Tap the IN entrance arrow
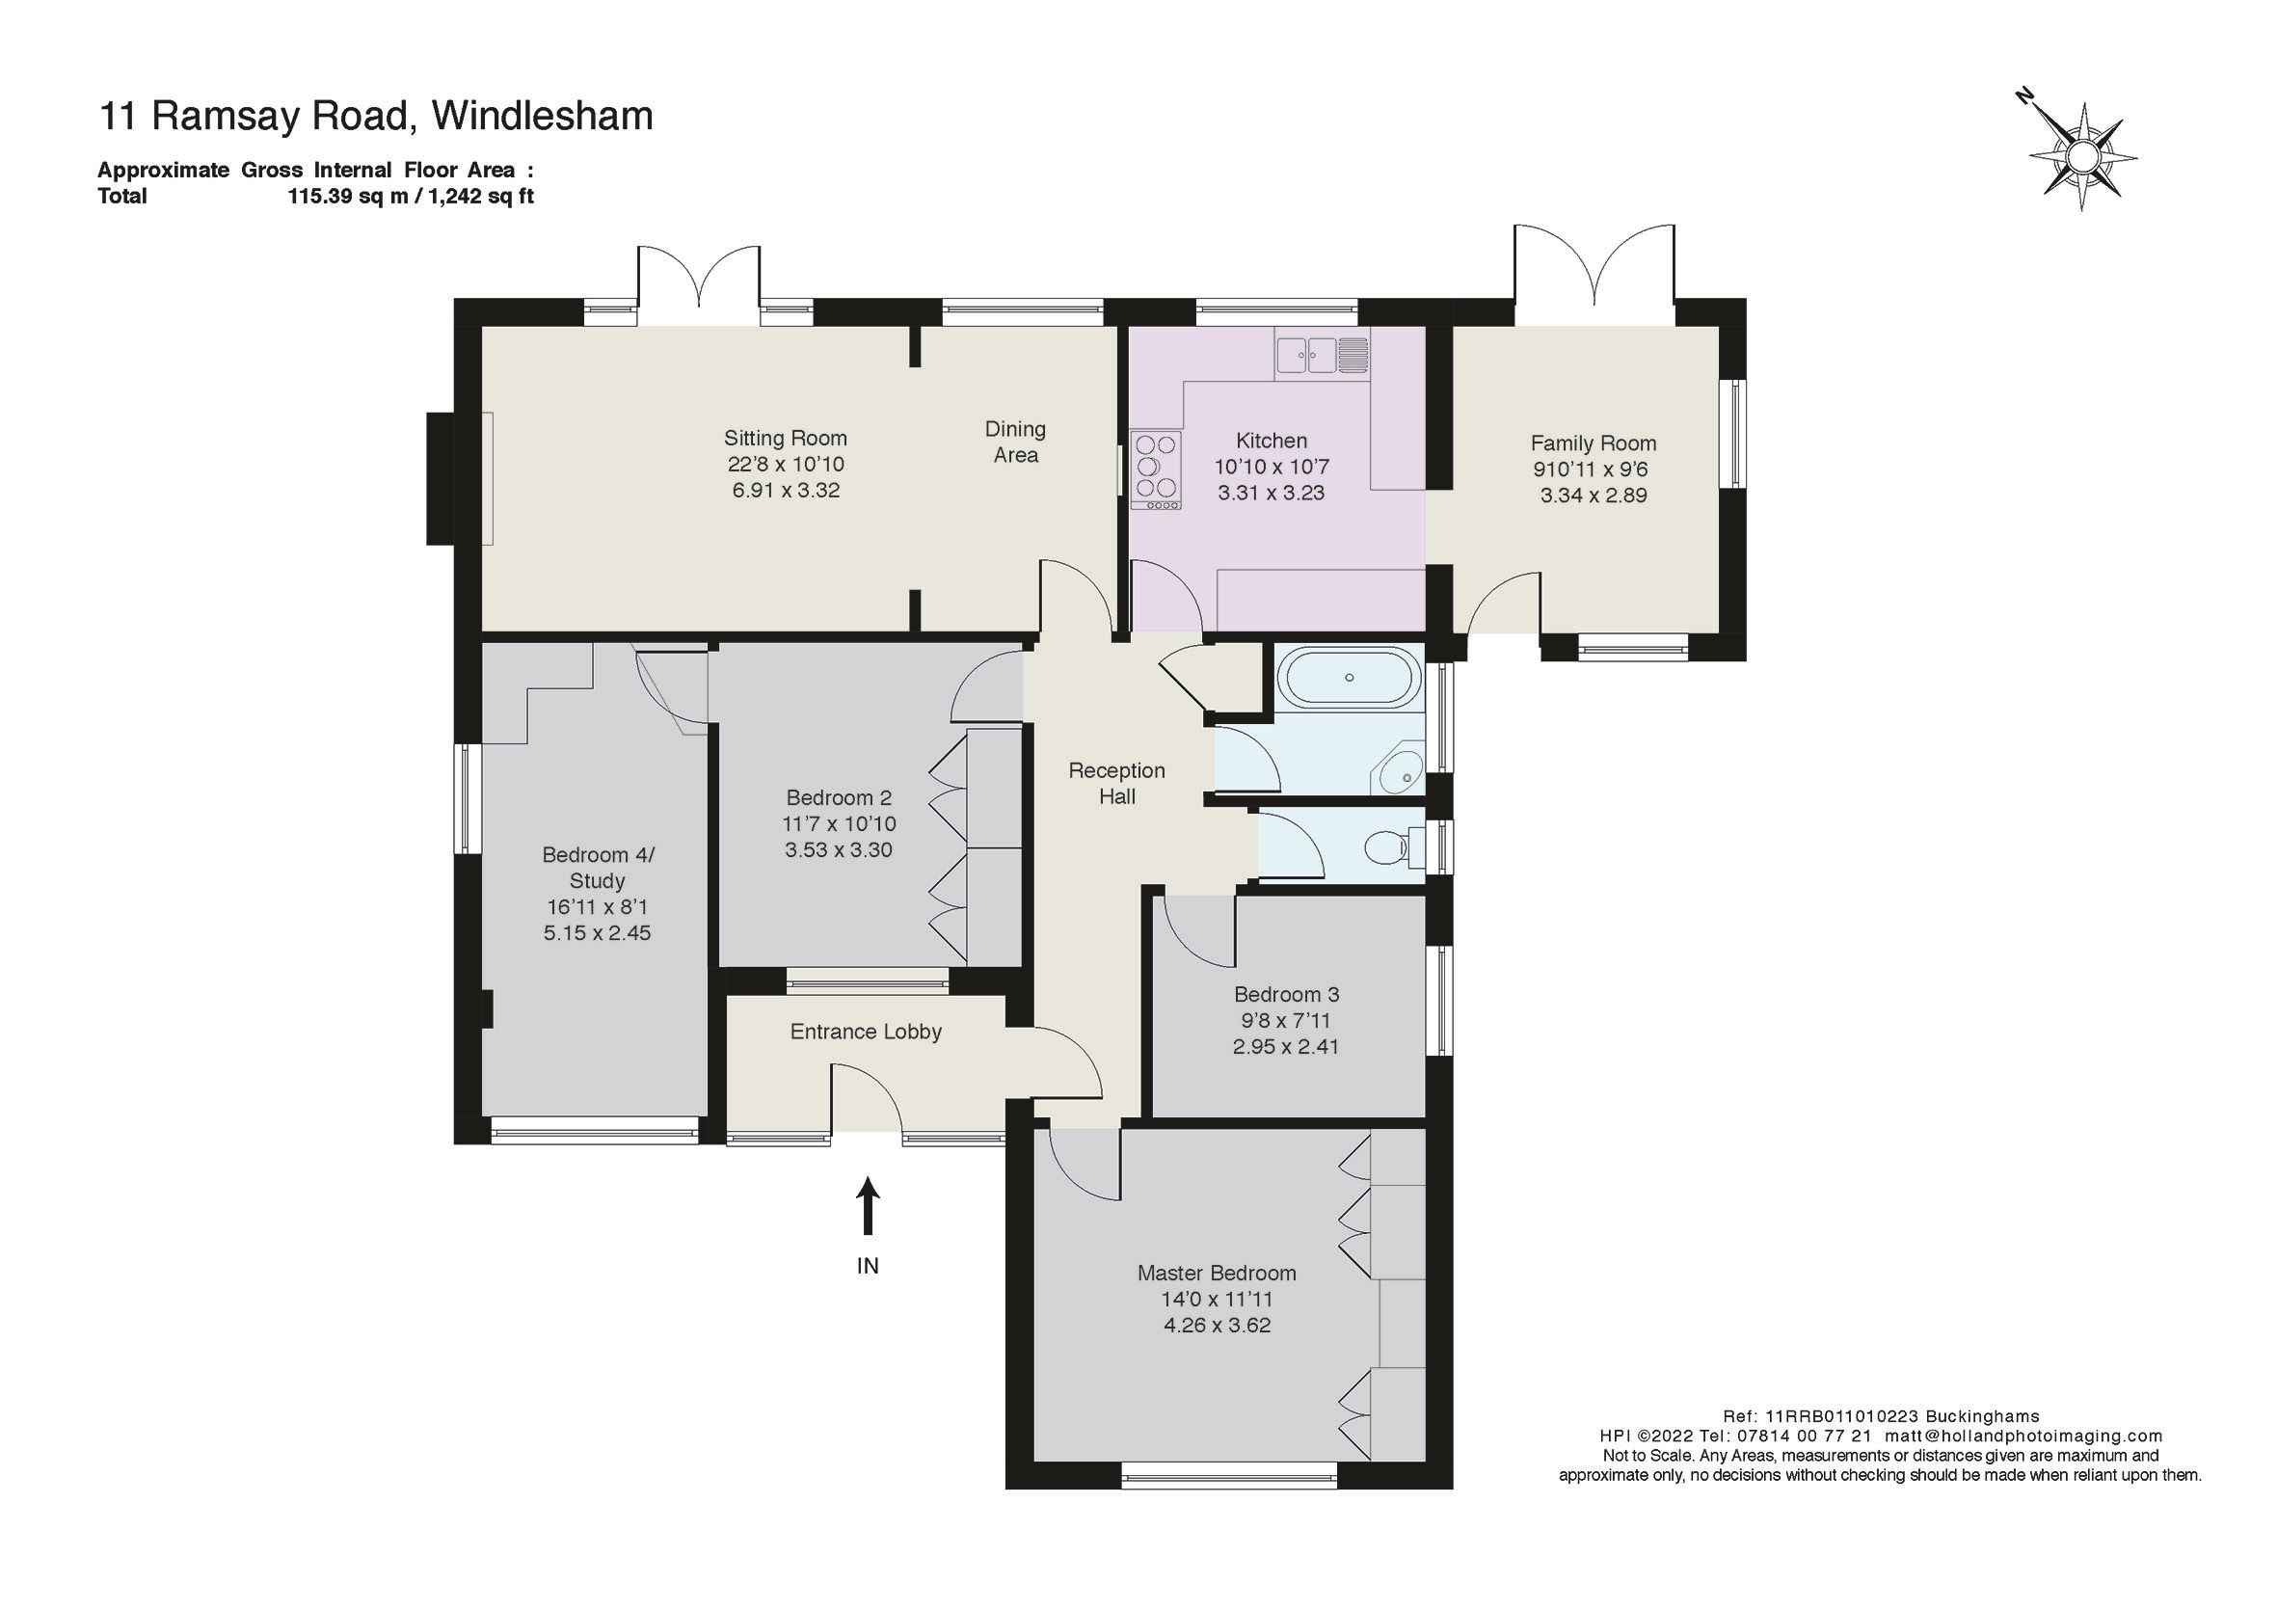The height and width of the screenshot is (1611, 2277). coord(868,1206)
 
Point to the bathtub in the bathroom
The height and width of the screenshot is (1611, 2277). coord(1348,678)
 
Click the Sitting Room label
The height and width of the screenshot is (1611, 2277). coord(785,439)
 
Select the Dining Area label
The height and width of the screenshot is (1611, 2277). coord(1014,443)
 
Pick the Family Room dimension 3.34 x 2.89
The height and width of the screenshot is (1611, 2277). coord(1593,495)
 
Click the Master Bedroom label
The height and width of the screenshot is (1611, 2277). coord(1216,1273)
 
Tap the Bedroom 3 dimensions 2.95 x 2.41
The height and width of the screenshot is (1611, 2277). coord(1285,1046)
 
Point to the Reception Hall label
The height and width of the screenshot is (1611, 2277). coord(1116,784)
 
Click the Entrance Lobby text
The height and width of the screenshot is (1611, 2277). coord(866,1032)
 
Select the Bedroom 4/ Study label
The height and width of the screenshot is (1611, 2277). coord(597,867)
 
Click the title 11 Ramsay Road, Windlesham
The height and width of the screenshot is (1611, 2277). coord(376,116)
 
